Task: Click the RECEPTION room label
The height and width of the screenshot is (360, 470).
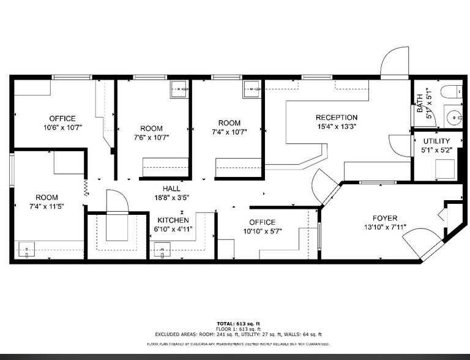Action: (x=336, y=118)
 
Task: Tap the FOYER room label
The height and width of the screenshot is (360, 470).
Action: (x=384, y=219)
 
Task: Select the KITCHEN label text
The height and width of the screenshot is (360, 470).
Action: (x=173, y=220)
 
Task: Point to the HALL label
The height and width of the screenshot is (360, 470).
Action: (x=171, y=189)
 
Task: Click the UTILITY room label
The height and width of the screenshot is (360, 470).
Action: (x=436, y=141)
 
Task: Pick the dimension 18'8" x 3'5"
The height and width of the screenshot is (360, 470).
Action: (x=171, y=198)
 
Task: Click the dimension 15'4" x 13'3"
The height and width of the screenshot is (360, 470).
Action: (x=336, y=127)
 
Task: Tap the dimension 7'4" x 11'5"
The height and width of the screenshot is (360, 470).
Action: (x=47, y=207)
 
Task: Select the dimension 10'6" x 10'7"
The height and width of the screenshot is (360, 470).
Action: (x=62, y=128)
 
